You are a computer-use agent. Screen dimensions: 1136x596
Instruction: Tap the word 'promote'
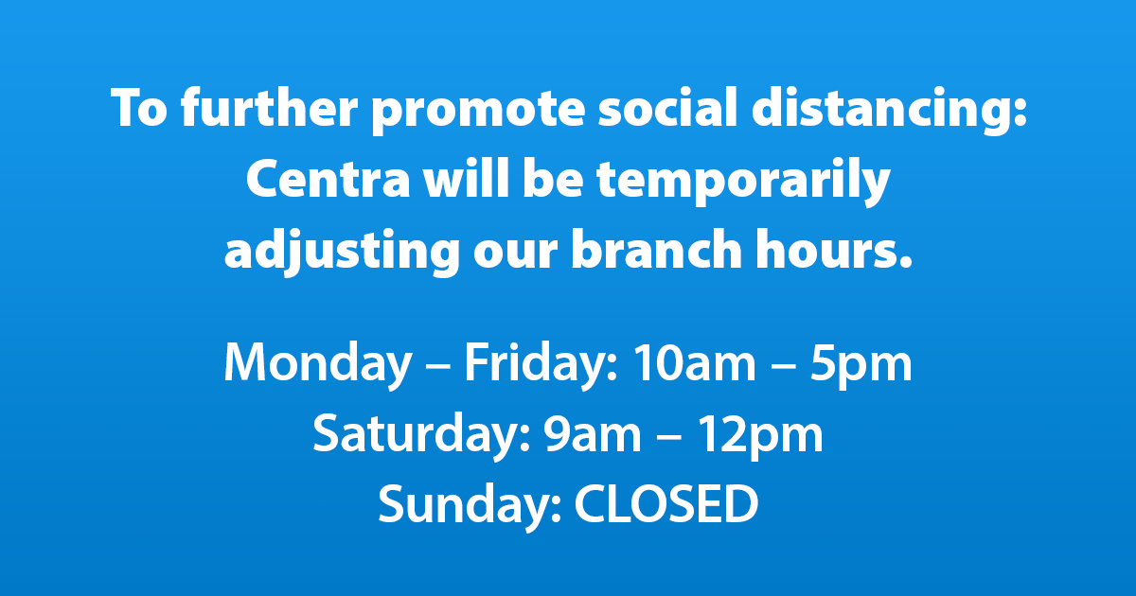479,111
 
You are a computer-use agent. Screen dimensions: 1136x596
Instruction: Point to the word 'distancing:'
890,110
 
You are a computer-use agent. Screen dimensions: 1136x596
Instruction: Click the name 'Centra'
328,179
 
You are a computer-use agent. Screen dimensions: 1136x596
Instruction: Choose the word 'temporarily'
743,182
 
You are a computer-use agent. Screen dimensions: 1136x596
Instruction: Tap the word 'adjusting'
342,252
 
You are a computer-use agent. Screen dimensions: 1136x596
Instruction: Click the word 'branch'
657,248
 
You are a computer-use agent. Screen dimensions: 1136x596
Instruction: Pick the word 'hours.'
834,248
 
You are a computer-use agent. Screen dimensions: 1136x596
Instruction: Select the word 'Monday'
317,365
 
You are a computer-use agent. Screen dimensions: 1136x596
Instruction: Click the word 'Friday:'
541,365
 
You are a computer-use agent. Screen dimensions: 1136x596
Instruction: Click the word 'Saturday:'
421,435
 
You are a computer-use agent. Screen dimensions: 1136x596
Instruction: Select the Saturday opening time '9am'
593,434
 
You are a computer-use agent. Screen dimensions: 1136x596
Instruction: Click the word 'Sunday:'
470,505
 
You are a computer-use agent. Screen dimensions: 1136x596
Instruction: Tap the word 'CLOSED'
666,503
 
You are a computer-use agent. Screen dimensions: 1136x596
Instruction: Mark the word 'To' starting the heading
139,108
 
